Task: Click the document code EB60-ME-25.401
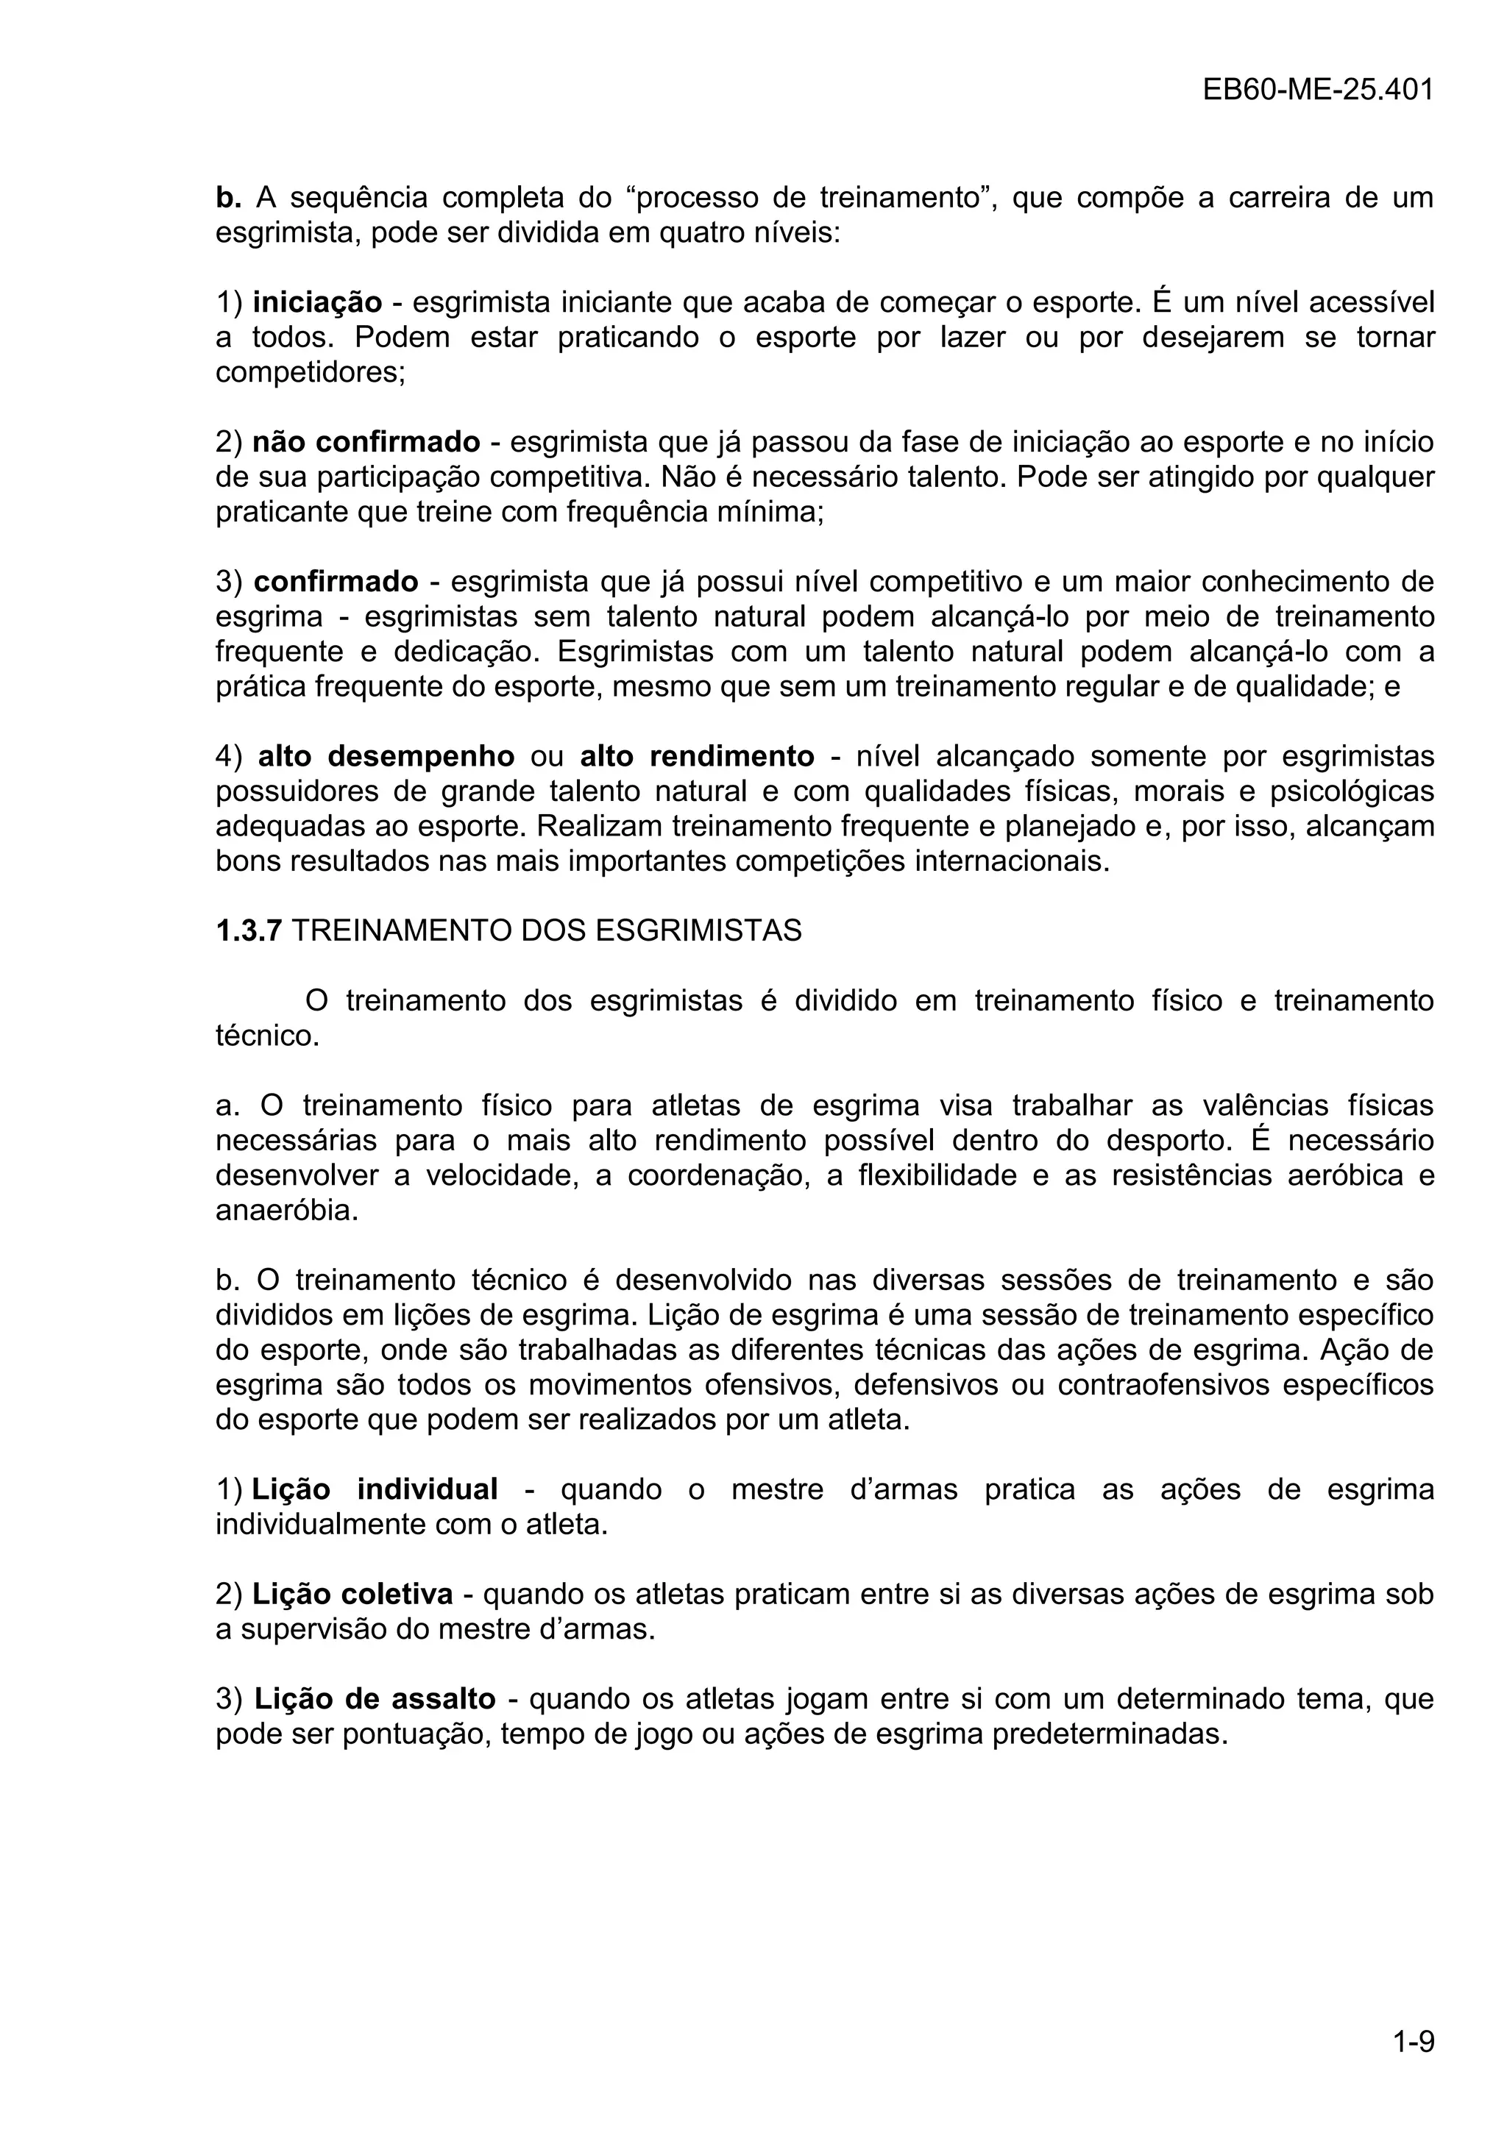tap(1318, 90)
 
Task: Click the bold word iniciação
tap(317, 302)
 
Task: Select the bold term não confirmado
tap(366, 443)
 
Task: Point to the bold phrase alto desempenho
tap(386, 757)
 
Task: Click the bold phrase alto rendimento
tap(697, 757)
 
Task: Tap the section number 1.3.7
tap(248, 930)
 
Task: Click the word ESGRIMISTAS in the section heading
tap(698, 930)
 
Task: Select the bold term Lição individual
tap(375, 1490)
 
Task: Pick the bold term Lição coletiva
tap(352, 1595)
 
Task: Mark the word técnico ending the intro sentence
tap(266, 1036)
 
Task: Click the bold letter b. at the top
tap(228, 198)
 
